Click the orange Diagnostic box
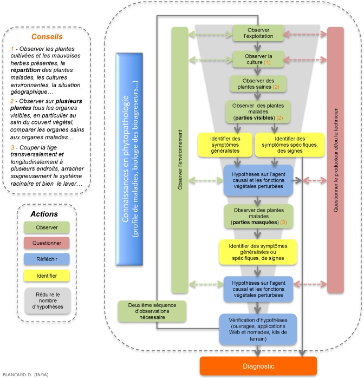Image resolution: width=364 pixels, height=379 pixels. (x=258, y=366)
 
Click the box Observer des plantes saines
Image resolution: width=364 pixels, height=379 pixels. (x=258, y=83)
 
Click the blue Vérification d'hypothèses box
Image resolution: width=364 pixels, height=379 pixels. (x=258, y=328)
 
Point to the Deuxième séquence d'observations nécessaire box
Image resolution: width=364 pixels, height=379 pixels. (x=152, y=311)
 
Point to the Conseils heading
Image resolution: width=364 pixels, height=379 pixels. (x=47, y=37)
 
